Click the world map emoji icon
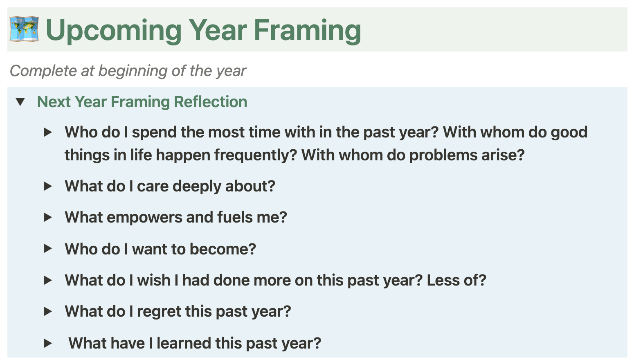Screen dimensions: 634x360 coord(24,29)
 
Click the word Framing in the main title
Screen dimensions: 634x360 coord(307,31)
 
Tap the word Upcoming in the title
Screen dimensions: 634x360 coord(113,31)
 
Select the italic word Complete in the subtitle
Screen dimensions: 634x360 coord(43,71)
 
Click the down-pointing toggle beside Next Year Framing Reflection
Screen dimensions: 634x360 coord(20,102)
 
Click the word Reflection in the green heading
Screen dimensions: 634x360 coord(211,102)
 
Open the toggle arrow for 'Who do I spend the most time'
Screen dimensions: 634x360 coord(48,132)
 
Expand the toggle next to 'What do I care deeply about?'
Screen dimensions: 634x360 coord(48,186)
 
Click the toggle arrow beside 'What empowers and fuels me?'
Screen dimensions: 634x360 coord(48,217)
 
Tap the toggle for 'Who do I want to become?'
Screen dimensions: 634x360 coord(48,249)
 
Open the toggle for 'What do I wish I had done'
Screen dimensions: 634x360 coord(48,280)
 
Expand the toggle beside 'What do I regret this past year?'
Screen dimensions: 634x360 coord(48,311)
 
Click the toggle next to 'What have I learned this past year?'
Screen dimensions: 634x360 coord(48,343)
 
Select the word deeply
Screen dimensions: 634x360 coord(197,187)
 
